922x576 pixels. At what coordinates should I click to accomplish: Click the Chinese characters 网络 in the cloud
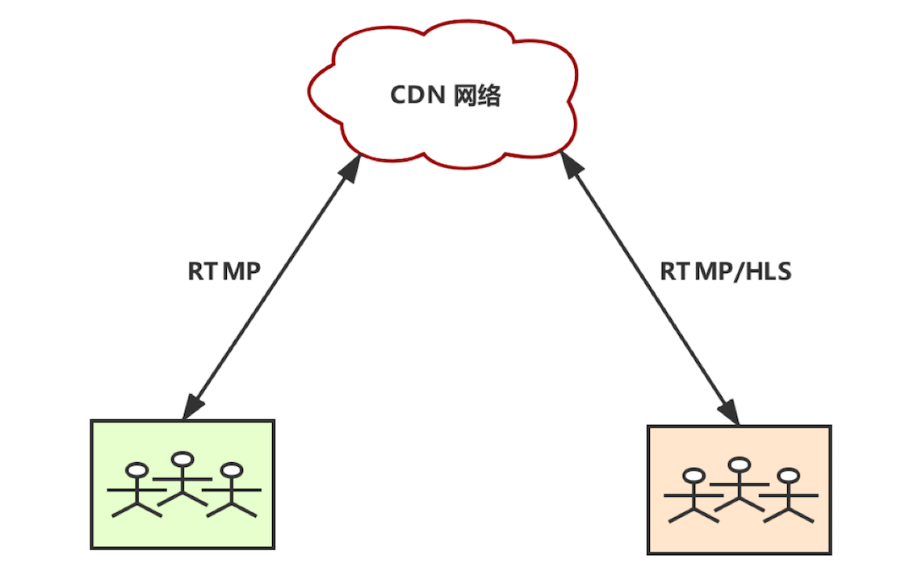click(477, 95)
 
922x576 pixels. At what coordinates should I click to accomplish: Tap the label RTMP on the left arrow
click(224, 271)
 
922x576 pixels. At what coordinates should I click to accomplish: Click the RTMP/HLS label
click(726, 271)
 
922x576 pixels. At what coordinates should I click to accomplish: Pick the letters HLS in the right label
click(768, 271)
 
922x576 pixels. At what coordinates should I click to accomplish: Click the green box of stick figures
click(183, 484)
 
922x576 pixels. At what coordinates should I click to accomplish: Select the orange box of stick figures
click(739, 490)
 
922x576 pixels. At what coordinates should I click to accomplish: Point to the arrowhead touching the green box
click(191, 408)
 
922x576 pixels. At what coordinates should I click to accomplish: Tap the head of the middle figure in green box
click(184, 460)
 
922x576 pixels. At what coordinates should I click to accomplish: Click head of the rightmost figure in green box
click(233, 469)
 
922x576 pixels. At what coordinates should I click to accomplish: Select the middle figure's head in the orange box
click(739, 465)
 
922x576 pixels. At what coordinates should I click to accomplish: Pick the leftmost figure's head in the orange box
click(692, 475)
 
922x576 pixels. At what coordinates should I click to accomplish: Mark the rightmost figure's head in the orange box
click(788, 475)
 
